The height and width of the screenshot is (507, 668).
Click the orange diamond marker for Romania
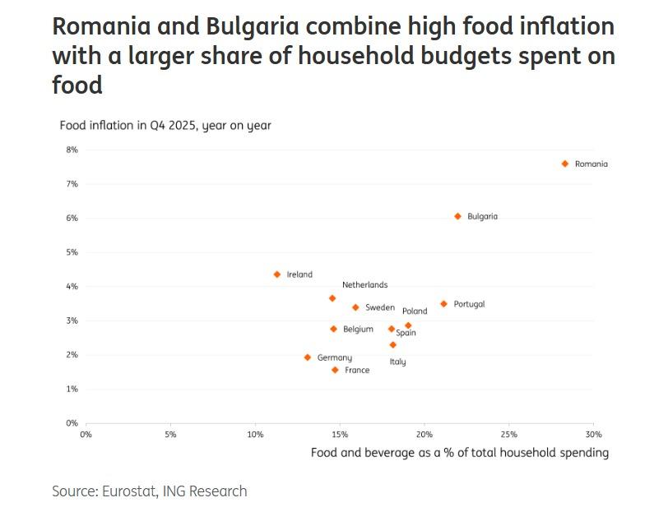click(565, 164)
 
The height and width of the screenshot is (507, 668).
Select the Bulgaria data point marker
click(458, 217)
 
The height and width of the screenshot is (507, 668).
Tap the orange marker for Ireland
click(277, 274)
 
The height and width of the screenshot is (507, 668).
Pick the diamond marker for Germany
click(308, 357)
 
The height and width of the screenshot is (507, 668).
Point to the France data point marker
click(335, 371)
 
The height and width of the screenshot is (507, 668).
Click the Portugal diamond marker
click(443, 304)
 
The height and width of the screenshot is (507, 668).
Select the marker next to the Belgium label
click(333, 330)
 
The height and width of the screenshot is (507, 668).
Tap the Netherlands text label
click(364, 285)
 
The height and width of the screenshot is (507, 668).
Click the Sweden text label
click(379, 308)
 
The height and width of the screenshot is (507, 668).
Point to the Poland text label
click(415, 311)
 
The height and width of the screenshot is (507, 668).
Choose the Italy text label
click(397, 362)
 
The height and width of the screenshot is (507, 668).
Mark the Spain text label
click(406, 334)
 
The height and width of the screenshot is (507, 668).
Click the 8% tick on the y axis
click(72, 150)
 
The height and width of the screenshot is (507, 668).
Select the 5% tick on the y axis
click(72, 252)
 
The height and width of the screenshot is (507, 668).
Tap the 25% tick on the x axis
click(508, 435)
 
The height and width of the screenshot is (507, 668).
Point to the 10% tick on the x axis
click(255, 435)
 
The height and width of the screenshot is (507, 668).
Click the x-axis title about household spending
click(459, 453)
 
